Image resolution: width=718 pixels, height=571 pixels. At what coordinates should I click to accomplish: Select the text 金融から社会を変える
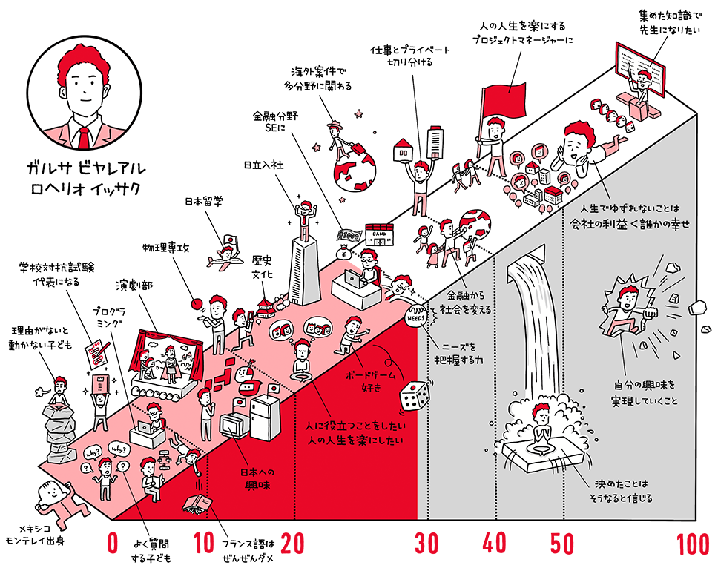click(464, 301)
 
